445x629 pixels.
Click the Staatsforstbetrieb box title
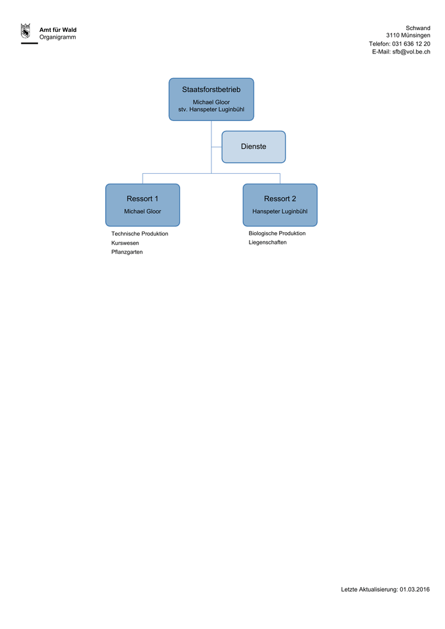211,90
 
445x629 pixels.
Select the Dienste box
254,147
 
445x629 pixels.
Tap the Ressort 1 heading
143,198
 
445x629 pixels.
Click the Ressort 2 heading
280,198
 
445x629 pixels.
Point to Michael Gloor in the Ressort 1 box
143,211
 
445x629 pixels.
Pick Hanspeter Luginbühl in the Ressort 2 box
280,211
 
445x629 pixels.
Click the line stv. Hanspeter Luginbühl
211,109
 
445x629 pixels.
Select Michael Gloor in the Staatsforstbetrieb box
211,103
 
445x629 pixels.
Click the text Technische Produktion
140,234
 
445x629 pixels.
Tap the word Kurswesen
125,243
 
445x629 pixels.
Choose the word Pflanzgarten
127,252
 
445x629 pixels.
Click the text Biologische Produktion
277,233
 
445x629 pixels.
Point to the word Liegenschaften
267,242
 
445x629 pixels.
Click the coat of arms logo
26,31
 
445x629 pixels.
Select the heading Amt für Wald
58,29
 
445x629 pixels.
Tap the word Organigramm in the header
57,37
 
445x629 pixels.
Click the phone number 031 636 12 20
411,44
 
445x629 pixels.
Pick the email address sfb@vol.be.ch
411,52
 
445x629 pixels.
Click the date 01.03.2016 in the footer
414,589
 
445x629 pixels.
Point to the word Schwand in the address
418,28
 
